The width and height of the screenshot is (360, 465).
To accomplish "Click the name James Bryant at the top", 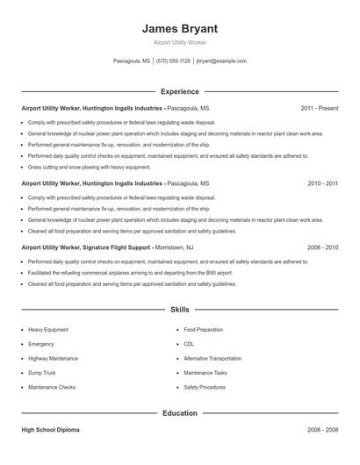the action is click(179, 28).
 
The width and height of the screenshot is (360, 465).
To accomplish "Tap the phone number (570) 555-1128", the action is click(173, 61).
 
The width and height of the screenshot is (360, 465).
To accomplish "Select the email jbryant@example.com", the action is click(221, 61).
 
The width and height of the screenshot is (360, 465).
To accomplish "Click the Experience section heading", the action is click(179, 91).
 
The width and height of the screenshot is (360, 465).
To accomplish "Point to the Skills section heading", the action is click(179, 310).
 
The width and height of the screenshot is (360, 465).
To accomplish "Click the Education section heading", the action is click(179, 412).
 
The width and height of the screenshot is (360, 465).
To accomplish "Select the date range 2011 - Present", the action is click(319, 108).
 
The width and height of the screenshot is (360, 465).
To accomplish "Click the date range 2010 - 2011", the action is click(322, 183).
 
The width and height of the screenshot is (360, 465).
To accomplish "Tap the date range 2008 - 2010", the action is click(322, 247).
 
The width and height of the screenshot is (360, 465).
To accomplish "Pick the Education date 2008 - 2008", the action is click(322, 430).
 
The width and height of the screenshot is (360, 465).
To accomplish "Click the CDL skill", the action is click(189, 344).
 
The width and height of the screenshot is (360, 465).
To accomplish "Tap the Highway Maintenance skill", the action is click(53, 358).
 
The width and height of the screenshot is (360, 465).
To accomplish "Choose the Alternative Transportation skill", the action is click(212, 358).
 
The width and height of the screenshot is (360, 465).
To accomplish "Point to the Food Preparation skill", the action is click(202, 330).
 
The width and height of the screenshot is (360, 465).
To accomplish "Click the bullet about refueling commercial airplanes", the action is click(123, 273).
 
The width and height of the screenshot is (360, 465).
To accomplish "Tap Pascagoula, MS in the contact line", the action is click(132, 61).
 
